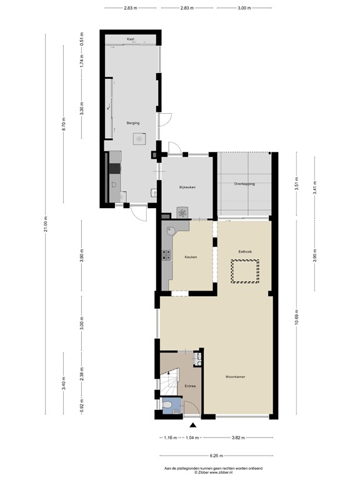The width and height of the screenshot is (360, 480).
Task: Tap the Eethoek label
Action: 244,251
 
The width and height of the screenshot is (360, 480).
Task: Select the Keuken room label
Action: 191,257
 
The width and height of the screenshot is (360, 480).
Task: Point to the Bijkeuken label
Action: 188,187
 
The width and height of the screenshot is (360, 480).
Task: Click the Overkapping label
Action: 244,184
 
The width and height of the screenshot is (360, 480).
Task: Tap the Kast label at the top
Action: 131,39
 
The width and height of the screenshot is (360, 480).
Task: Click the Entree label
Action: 190,386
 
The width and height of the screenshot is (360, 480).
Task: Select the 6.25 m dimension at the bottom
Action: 214,456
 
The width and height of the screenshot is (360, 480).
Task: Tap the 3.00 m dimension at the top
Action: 244,8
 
